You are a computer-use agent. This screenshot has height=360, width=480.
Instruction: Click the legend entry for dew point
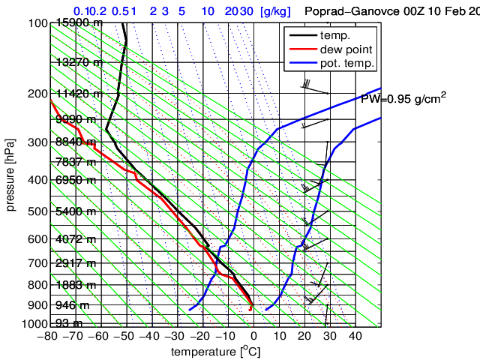point(342,49)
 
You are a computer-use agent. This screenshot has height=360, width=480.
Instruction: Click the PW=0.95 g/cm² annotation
point(403,98)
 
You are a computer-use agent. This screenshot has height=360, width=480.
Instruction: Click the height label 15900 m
point(79,23)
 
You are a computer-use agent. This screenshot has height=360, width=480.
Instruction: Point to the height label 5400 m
point(76,212)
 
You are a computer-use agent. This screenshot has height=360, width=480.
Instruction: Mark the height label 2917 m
point(76,263)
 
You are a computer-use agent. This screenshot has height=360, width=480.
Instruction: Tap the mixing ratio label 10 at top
point(209,11)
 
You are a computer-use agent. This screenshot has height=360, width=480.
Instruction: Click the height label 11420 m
point(79,94)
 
